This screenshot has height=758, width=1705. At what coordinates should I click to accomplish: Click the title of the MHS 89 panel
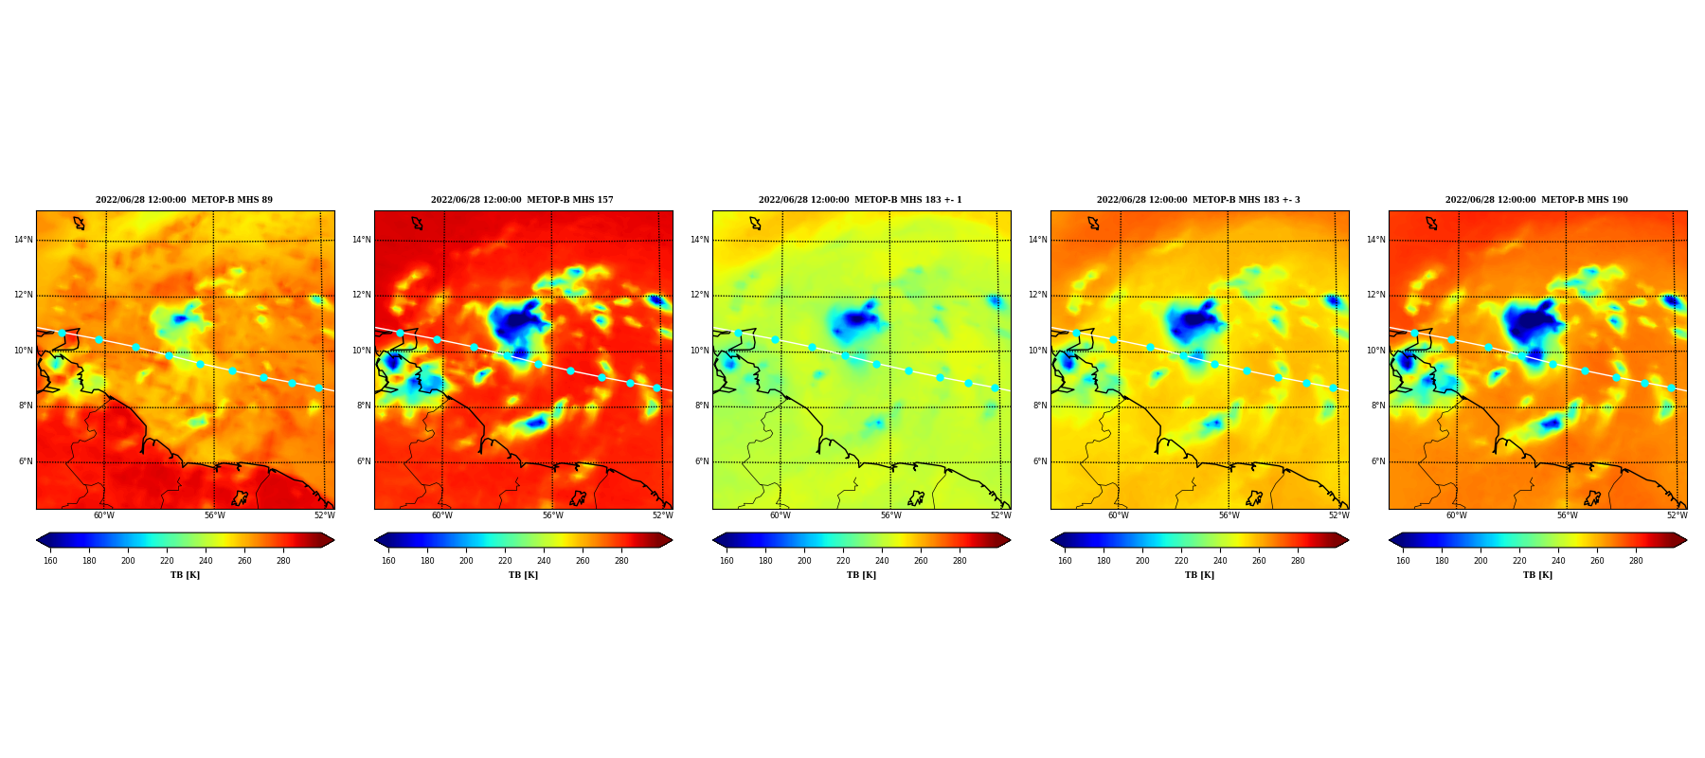[x=184, y=200]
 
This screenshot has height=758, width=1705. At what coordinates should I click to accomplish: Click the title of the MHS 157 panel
[x=522, y=200]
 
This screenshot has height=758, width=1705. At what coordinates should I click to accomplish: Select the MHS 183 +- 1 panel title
[x=860, y=200]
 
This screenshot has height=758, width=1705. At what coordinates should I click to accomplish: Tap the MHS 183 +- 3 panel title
[x=1198, y=200]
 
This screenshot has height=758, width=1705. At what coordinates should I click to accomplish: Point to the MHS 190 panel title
[x=1536, y=200]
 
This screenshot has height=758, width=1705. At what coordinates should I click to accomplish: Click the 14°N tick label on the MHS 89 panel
[x=24, y=240]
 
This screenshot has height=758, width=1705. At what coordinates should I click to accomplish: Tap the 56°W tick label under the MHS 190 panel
[x=1567, y=515]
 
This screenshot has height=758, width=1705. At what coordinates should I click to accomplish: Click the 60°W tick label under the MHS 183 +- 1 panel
[x=780, y=515]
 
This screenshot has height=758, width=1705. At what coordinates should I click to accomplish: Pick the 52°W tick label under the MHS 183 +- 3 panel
[x=1338, y=515]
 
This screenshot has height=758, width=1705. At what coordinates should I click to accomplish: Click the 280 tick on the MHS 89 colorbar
[x=283, y=561]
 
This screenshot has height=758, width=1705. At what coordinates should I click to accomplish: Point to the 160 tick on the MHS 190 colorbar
[x=1403, y=561]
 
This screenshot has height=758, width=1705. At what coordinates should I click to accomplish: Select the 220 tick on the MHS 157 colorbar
[x=505, y=561]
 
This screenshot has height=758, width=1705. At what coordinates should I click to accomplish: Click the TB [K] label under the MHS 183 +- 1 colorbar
[x=861, y=575]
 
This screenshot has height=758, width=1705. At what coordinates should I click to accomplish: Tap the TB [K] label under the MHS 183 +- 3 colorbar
[x=1199, y=575]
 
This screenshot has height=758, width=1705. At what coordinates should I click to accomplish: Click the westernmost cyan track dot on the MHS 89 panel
[x=62, y=333]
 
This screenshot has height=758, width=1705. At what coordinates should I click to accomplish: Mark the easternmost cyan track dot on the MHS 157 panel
[x=656, y=388]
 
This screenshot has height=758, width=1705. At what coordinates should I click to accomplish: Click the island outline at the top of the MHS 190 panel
[x=1431, y=224]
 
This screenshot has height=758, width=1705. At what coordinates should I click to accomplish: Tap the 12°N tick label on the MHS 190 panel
[x=1376, y=296]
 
